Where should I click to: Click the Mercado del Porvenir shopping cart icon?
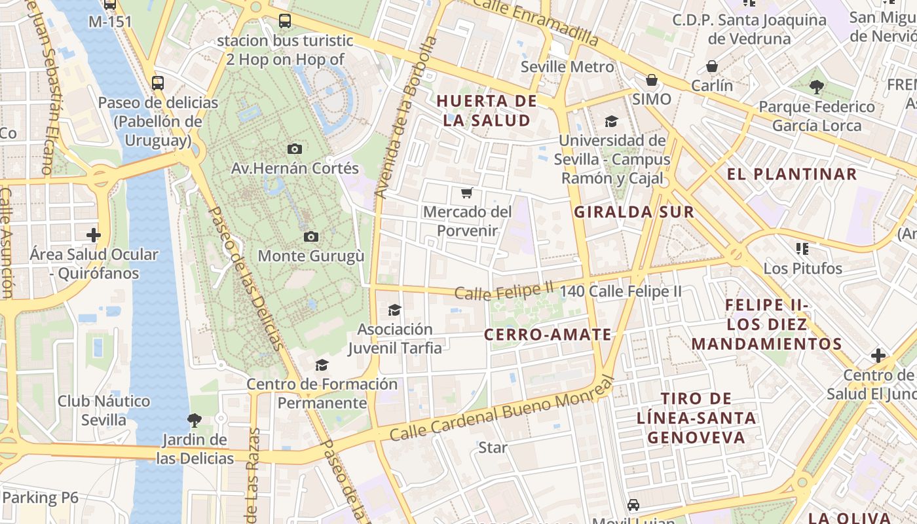466,193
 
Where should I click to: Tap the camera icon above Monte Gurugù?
311,236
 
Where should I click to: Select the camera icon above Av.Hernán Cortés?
295,149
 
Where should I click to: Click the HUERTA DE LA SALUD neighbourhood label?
487,111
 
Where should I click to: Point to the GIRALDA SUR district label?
633,212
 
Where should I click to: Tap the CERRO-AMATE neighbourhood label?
548,335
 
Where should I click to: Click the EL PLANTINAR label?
792,174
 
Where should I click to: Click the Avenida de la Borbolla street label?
405,118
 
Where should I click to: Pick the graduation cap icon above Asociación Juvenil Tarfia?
394,310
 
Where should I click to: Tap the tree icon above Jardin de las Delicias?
194,420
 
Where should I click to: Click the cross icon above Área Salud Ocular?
94,234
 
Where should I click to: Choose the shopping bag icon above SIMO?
652,80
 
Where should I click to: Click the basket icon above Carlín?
712,66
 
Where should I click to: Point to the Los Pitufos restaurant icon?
802,249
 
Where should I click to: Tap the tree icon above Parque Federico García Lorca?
816,86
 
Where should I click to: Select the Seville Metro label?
567,67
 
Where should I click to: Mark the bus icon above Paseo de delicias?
157,83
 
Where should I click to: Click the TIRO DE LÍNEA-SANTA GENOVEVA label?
696,418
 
